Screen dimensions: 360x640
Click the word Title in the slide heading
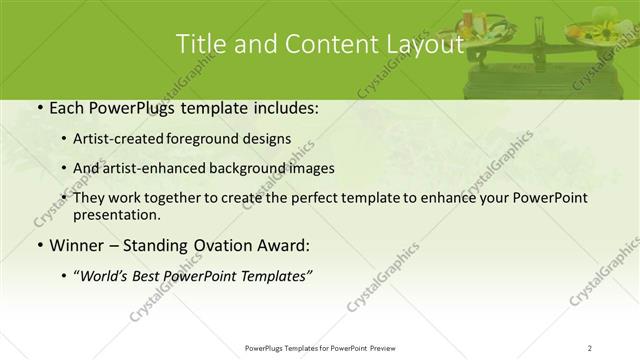pos(200,44)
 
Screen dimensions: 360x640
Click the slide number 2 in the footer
pos(589,347)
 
